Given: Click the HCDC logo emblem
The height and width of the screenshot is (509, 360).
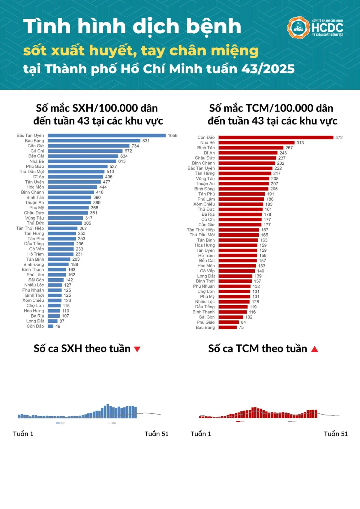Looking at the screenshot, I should [x=298, y=28].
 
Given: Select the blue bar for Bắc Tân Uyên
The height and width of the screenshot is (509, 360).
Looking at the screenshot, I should [x=106, y=136].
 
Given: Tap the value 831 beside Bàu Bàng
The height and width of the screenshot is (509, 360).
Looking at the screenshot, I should [x=146, y=141].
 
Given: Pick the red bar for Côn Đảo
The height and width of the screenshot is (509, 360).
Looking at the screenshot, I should [x=276, y=137].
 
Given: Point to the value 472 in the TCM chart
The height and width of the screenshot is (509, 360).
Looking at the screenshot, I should [x=339, y=137].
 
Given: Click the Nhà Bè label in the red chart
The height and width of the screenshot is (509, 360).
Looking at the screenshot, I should [x=207, y=143].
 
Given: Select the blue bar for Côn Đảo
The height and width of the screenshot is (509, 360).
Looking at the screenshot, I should [x=50, y=326].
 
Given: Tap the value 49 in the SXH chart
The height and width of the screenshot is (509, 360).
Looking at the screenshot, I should [x=58, y=326].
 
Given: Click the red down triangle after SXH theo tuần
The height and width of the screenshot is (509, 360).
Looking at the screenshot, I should [x=137, y=349].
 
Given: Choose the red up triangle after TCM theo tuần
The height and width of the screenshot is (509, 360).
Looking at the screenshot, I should [x=314, y=349].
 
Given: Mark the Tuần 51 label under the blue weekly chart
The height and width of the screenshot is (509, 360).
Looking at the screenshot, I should [x=156, y=434].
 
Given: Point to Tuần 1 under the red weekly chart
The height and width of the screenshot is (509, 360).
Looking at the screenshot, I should [x=201, y=434].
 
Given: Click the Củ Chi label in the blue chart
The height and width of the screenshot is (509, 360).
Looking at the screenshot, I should [x=37, y=151].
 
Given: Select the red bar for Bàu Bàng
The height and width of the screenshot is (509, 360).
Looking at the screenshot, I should [x=227, y=327].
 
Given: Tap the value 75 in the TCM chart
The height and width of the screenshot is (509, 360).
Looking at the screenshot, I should [x=241, y=328].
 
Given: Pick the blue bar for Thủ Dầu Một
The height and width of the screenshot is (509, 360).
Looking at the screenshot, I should [x=76, y=172].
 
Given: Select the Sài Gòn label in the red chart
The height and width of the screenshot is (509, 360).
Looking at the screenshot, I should [x=207, y=317].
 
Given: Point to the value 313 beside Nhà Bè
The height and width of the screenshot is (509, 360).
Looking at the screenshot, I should [x=300, y=143].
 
